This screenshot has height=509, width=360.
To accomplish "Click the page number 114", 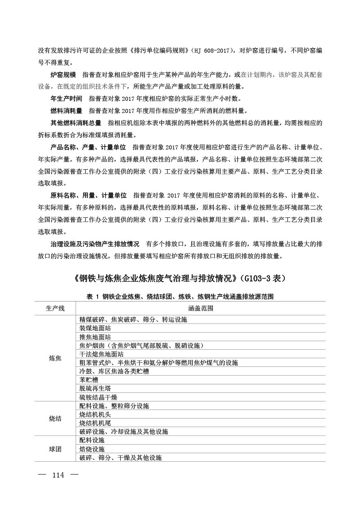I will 58,475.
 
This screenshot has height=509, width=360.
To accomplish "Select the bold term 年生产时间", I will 66,99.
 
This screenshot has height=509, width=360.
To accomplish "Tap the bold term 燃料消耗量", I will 66,111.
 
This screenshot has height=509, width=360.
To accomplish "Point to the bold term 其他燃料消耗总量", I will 76,123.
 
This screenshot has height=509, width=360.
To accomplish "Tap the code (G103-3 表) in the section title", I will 261,279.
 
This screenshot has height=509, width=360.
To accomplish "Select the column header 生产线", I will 55,309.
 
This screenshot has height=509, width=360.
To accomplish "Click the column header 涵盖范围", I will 201,309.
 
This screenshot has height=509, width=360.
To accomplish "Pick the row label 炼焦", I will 55,358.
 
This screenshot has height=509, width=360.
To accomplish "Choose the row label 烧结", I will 55,419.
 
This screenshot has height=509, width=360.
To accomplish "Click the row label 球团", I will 55,449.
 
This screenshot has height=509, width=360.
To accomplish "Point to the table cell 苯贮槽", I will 89,380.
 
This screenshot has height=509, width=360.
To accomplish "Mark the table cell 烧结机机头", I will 95,414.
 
